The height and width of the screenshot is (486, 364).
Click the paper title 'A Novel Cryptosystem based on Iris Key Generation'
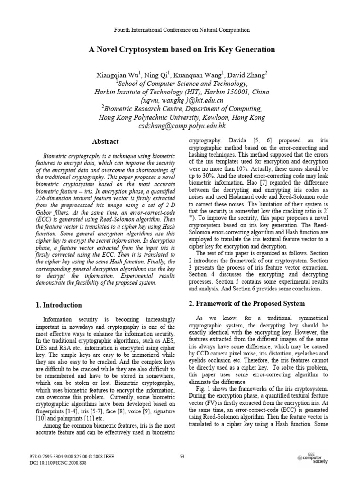point(182,49)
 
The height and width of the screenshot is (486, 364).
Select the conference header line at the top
point(182,30)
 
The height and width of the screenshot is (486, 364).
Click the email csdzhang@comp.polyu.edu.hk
point(182,126)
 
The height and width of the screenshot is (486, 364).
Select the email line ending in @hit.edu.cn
point(182,101)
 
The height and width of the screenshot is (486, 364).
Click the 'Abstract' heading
point(105,141)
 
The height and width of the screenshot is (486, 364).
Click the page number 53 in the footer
point(182,457)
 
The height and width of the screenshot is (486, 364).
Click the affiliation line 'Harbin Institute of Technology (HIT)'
point(182,92)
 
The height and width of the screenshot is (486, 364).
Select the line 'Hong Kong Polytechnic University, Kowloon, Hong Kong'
point(182,118)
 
